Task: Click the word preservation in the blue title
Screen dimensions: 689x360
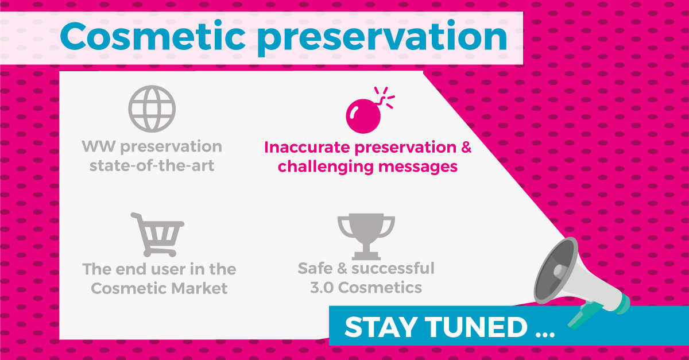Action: [382, 38]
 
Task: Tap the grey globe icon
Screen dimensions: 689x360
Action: [152, 109]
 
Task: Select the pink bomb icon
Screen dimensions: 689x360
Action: [370, 110]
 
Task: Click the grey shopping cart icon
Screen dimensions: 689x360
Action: [157, 235]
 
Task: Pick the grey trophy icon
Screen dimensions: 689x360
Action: [366, 237]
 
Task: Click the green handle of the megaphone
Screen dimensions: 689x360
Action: [584, 315]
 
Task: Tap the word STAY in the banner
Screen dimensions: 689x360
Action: [381, 327]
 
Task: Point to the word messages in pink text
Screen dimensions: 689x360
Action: [418, 167]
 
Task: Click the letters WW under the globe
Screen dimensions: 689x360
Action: [98, 146]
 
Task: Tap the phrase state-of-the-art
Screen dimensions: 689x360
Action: [152, 166]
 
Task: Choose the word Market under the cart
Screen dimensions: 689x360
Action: [199, 288]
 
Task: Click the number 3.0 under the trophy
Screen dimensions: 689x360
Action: [322, 288]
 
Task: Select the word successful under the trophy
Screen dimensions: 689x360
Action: [393, 268]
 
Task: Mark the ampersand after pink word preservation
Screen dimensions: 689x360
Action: [466, 147]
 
